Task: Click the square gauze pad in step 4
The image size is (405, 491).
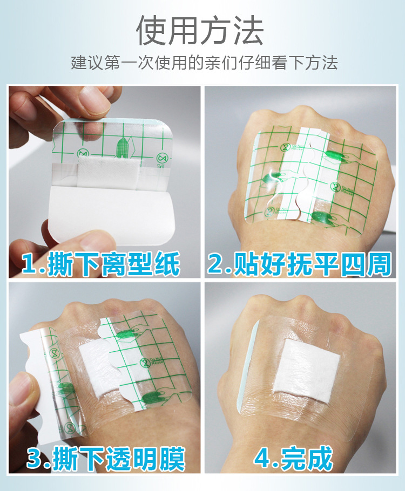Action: pyautogui.click(x=306, y=366)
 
